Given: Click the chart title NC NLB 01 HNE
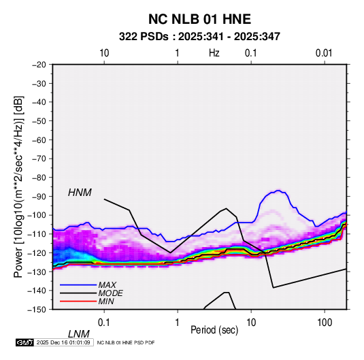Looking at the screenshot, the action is [x=199, y=19].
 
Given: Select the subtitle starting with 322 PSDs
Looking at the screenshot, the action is [x=199, y=37].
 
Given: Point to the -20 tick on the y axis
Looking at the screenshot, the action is [x=39, y=65].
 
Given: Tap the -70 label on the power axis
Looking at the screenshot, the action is [x=39, y=159].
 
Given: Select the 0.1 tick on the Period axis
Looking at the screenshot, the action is [x=104, y=323].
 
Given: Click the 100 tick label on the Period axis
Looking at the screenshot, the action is [x=325, y=323].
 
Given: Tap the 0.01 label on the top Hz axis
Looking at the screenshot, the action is [x=324, y=53].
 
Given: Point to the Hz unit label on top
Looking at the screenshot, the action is [x=214, y=53].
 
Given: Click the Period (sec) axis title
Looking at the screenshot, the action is [x=214, y=330].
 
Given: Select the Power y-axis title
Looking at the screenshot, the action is [x=18, y=186].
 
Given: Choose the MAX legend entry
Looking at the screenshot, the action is [x=107, y=285].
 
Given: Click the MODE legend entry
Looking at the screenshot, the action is [x=110, y=293].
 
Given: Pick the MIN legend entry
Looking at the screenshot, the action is [x=106, y=301].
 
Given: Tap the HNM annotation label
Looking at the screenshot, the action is [x=80, y=193].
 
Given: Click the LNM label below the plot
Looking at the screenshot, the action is [x=79, y=334].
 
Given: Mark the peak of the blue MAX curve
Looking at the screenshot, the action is [x=278, y=191].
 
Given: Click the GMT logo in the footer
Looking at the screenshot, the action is [x=24, y=342].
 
